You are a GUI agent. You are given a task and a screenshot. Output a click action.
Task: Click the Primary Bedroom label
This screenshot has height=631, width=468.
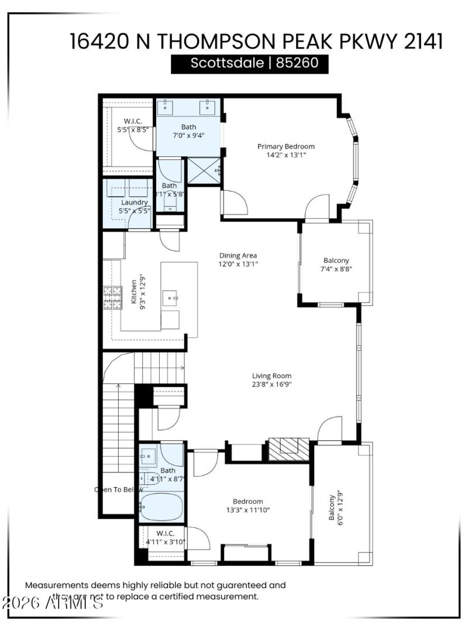point(286,146)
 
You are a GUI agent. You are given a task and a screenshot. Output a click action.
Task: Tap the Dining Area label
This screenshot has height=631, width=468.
point(238,255)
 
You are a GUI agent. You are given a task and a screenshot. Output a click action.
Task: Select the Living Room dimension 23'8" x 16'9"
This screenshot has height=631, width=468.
point(271,385)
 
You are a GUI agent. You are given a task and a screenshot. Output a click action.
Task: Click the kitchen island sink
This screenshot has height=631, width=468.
point(172,299)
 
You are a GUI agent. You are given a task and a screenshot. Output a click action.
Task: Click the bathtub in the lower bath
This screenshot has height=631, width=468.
point(161,506)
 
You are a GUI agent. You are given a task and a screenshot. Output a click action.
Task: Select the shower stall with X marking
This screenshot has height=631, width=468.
point(205,170)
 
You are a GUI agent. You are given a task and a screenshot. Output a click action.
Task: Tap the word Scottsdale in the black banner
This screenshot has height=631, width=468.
point(227,63)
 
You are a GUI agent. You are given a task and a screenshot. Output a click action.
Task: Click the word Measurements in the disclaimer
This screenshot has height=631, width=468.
point(56,585)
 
